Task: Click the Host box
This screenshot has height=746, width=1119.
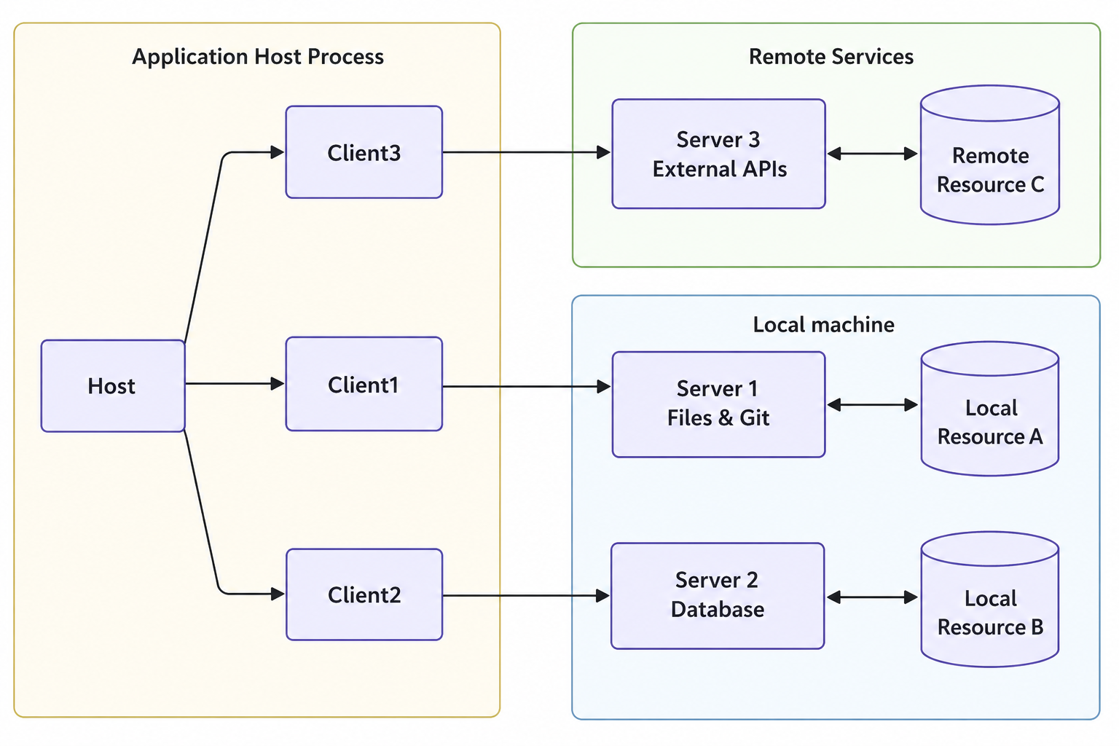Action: click(113, 385)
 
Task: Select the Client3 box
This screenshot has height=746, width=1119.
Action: click(364, 152)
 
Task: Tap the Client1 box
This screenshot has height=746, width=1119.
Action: click(364, 384)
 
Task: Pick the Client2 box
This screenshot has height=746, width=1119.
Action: click(364, 594)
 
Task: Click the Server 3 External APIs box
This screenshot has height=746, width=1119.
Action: click(718, 154)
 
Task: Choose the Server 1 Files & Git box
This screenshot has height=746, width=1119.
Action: click(718, 404)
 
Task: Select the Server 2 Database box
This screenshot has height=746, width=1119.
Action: click(718, 595)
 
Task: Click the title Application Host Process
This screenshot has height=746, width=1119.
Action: click(257, 57)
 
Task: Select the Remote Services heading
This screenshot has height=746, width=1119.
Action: click(831, 57)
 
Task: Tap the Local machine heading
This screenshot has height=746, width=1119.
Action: click(823, 324)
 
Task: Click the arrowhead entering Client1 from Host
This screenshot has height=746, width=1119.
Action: click(278, 383)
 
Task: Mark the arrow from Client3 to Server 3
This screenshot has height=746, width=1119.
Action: click(525, 152)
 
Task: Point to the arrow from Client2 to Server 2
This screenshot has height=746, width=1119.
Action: click(525, 596)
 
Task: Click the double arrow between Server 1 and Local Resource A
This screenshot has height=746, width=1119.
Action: click(872, 404)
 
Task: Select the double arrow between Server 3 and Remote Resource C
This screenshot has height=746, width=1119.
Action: click(872, 154)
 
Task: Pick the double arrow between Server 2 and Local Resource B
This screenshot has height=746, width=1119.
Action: click(872, 597)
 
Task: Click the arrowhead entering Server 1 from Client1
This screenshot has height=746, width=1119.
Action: click(604, 386)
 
